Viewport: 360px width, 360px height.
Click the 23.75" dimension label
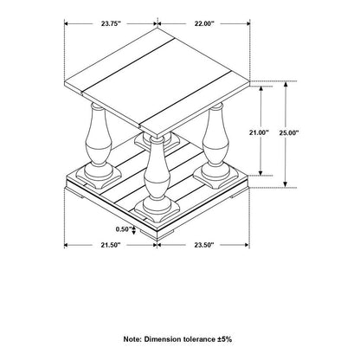click(111, 23)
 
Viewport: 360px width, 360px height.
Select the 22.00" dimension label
click(204, 23)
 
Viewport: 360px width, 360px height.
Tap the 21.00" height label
click(259, 132)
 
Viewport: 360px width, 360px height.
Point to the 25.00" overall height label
click(289, 132)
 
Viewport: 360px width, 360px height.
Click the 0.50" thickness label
click(124, 229)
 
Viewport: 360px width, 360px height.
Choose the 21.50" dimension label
click(110, 245)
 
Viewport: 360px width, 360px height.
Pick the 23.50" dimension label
click(204, 245)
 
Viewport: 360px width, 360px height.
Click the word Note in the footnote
click(132, 339)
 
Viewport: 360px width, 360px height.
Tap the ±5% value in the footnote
click(224, 339)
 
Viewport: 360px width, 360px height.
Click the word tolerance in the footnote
click(199, 339)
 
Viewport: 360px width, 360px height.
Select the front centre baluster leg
click(157, 173)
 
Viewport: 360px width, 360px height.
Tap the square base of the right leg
click(215, 177)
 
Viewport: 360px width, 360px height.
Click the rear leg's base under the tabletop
click(157, 141)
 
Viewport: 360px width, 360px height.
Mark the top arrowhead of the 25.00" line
click(286, 85)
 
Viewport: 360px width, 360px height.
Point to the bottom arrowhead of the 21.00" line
click(260, 172)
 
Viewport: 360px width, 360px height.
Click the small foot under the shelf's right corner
click(236, 196)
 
